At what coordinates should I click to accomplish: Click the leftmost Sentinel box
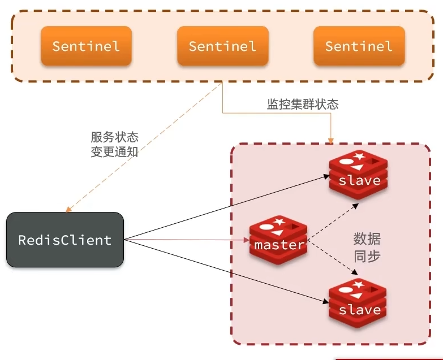point(86,46)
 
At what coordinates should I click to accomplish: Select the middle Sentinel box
point(222,46)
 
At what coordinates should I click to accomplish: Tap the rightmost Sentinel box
point(359,46)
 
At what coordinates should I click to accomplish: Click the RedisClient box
point(65,240)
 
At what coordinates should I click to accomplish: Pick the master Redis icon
point(278,240)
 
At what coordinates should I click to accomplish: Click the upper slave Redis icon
point(359,175)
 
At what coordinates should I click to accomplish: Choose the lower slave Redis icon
point(359,304)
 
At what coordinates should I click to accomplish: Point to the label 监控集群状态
point(303,105)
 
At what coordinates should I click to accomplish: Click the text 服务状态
point(114,137)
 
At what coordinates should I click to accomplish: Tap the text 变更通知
point(114,151)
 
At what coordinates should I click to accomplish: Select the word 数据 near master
point(367,238)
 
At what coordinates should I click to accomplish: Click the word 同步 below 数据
point(367,255)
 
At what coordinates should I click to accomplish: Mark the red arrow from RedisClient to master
point(187,240)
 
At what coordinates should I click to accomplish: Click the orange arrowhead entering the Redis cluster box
point(330,139)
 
